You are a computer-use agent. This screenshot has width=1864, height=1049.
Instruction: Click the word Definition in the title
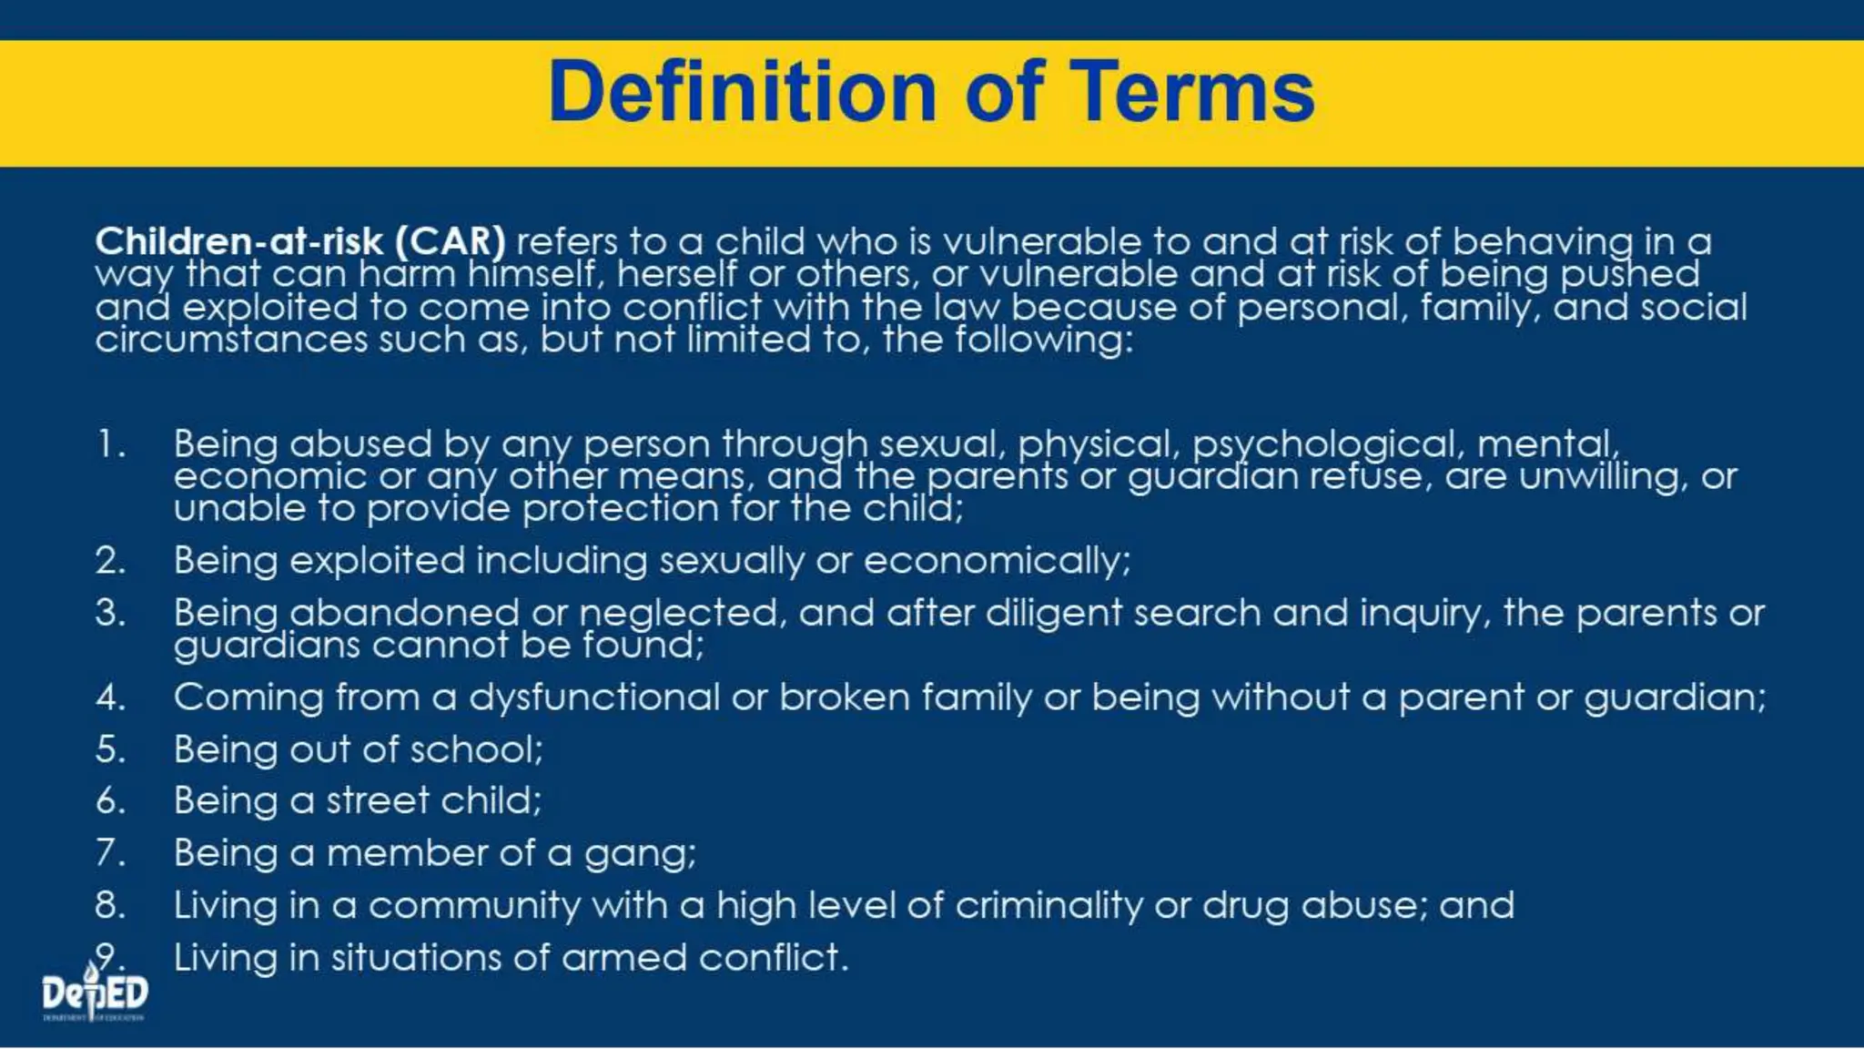click(742, 91)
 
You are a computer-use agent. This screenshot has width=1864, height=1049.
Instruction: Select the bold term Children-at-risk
click(239, 241)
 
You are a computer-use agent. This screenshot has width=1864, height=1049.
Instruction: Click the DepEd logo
click(94, 993)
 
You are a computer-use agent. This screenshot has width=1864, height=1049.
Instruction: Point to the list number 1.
click(109, 444)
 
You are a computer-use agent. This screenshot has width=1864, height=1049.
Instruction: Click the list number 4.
click(109, 698)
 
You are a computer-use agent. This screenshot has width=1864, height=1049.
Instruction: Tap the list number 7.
click(109, 853)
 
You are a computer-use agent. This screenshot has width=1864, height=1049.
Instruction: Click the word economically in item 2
click(996, 561)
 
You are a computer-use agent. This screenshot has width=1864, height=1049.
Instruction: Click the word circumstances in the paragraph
click(231, 340)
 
